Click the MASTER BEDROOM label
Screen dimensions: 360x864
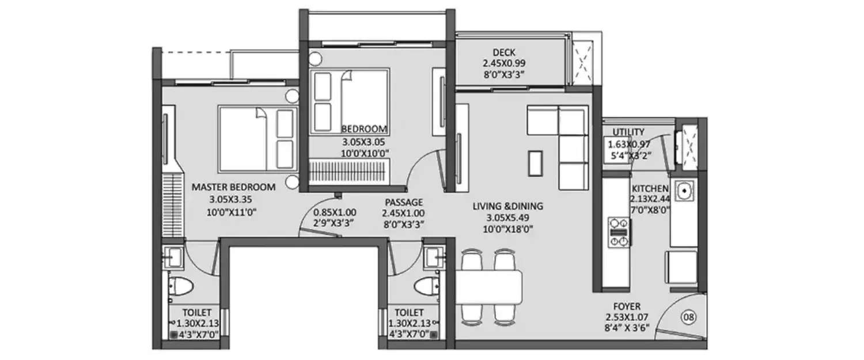[x=233, y=187]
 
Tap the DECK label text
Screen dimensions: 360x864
[x=504, y=52]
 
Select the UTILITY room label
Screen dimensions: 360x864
[x=628, y=132]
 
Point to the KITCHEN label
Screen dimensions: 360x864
[x=650, y=188]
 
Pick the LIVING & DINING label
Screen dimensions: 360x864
[x=507, y=206]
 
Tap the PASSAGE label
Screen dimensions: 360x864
[x=404, y=202]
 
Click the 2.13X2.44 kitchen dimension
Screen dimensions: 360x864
[x=650, y=199]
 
